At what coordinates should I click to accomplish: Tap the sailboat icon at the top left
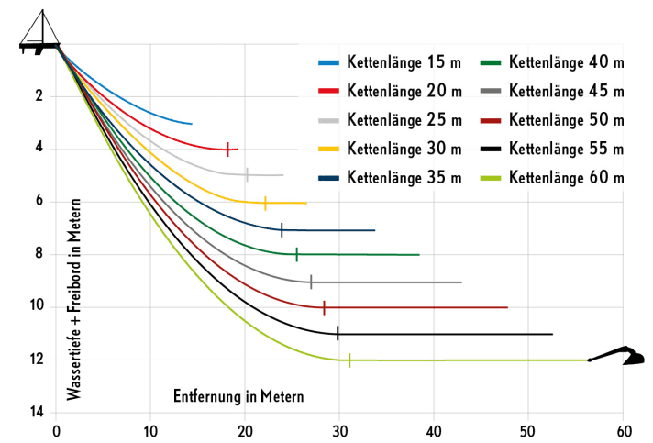[x=39, y=33]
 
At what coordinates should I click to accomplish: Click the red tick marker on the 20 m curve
[x=227, y=150]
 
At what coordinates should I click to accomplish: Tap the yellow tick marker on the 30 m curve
[x=265, y=203]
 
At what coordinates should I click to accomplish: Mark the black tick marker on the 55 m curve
[x=338, y=334]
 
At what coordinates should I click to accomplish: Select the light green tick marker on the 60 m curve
[x=349, y=360]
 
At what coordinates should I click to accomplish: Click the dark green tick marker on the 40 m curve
[x=296, y=255]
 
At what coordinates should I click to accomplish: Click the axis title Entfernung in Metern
[x=238, y=396]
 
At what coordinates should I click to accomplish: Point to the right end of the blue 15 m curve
[x=192, y=123]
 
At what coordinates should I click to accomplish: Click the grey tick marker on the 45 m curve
[x=311, y=282]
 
